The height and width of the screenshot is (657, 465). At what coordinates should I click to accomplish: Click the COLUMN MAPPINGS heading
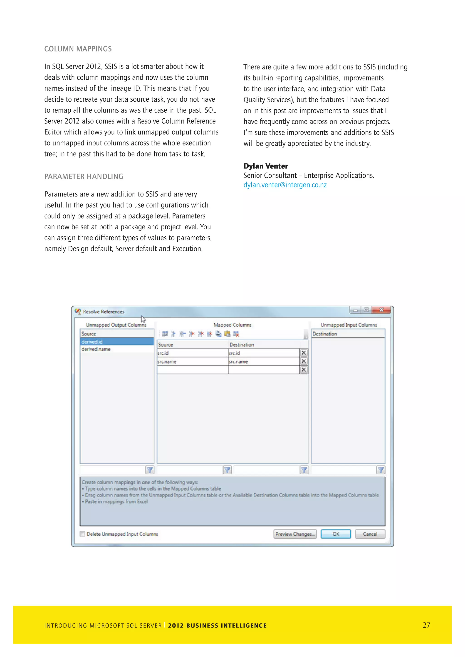click(78, 49)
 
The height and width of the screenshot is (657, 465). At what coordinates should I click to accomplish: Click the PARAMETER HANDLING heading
click(84, 177)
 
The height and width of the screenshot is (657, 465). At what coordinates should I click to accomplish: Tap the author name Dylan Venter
click(265, 166)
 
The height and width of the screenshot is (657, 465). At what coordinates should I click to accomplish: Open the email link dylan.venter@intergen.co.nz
click(285, 185)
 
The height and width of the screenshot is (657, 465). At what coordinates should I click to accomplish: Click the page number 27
click(426, 625)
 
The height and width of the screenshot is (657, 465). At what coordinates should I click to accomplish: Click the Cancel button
click(370, 534)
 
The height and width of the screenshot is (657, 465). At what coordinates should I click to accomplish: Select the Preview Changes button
click(295, 534)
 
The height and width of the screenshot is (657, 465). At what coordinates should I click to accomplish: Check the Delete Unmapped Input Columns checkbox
click(83, 534)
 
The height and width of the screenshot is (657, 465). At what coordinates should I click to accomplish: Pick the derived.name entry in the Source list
click(96, 349)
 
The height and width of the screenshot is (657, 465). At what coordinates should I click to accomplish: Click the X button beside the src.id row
click(304, 353)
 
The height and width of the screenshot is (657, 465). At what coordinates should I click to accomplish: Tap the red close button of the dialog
click(381, 310)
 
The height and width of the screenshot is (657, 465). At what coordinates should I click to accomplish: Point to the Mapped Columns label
click(232, 325)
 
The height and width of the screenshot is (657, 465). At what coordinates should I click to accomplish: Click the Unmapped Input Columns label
click(349, 325)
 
